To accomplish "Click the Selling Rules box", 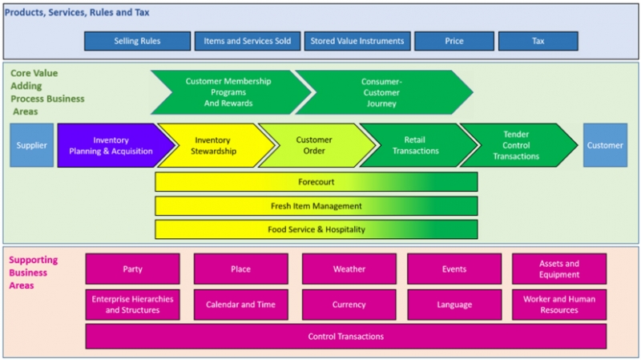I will pos(137,41).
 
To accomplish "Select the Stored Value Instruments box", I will pos(357,41).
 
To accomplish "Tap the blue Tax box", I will pos(538,41).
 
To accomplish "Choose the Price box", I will pos(454,41).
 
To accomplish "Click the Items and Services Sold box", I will pos(247,41).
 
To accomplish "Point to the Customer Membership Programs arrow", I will pos(228,92).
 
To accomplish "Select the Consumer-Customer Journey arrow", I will pos(381,92).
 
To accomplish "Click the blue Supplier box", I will pos(32,145).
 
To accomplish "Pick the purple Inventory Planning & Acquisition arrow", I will pos(112,145).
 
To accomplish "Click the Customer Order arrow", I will pos(314,145).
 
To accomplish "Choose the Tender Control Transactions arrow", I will pos(516,145).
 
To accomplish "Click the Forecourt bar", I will pos(316,182).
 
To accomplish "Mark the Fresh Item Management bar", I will pos(316,206).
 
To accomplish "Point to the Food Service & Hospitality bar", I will pos(316,229).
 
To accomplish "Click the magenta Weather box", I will pos(349,269).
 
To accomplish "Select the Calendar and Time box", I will pos(240,305).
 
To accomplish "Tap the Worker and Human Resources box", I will pos(558,305).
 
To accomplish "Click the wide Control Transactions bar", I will pos(345,336).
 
